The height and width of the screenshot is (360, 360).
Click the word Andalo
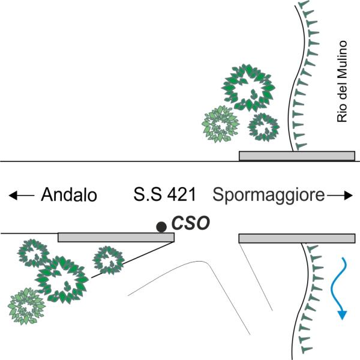[69, 194]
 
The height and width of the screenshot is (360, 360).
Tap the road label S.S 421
[164, 194]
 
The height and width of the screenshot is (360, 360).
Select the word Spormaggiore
[269, 196]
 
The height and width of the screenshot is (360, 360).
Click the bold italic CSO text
[191, 223]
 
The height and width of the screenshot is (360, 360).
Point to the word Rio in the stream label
[342, 114]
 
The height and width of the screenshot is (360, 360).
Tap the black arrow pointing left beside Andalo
[22, 196]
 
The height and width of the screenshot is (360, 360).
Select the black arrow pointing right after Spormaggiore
[340, 196]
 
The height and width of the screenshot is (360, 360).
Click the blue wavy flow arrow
[337, 288]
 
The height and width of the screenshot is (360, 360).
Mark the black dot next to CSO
[161, 227]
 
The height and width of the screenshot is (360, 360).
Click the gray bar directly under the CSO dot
[116, 238]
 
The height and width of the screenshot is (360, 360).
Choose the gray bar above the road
[297, 156]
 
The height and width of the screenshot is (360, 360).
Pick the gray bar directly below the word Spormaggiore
[297, 239]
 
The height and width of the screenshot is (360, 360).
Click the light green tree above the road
[220, 124]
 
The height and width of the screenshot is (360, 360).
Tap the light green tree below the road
[26, 306]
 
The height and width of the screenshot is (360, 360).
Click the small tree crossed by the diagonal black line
[109, 260]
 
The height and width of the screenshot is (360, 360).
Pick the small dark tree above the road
[263, 127]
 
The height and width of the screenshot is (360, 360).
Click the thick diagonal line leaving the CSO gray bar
[133, 260]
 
